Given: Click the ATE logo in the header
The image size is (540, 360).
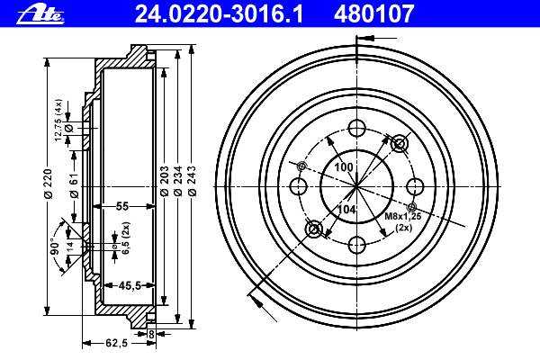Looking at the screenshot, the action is click(40, 14).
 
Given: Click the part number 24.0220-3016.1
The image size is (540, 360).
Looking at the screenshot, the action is click(219, 14).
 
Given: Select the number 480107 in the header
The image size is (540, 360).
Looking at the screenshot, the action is click(373, 14).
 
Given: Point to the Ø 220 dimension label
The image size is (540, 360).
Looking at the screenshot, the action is click(48, 184).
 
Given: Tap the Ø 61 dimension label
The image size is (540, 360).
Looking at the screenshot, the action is click(75, 184).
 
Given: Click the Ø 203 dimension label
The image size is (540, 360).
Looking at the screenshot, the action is click(165, 181).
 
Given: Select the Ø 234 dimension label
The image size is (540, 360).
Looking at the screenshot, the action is click(177, 181).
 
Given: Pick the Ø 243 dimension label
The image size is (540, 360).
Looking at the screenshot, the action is click(193, 181).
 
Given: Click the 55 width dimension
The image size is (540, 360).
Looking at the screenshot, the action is click(121, 206).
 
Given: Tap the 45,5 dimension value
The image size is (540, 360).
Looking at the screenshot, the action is click(130, 285).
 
